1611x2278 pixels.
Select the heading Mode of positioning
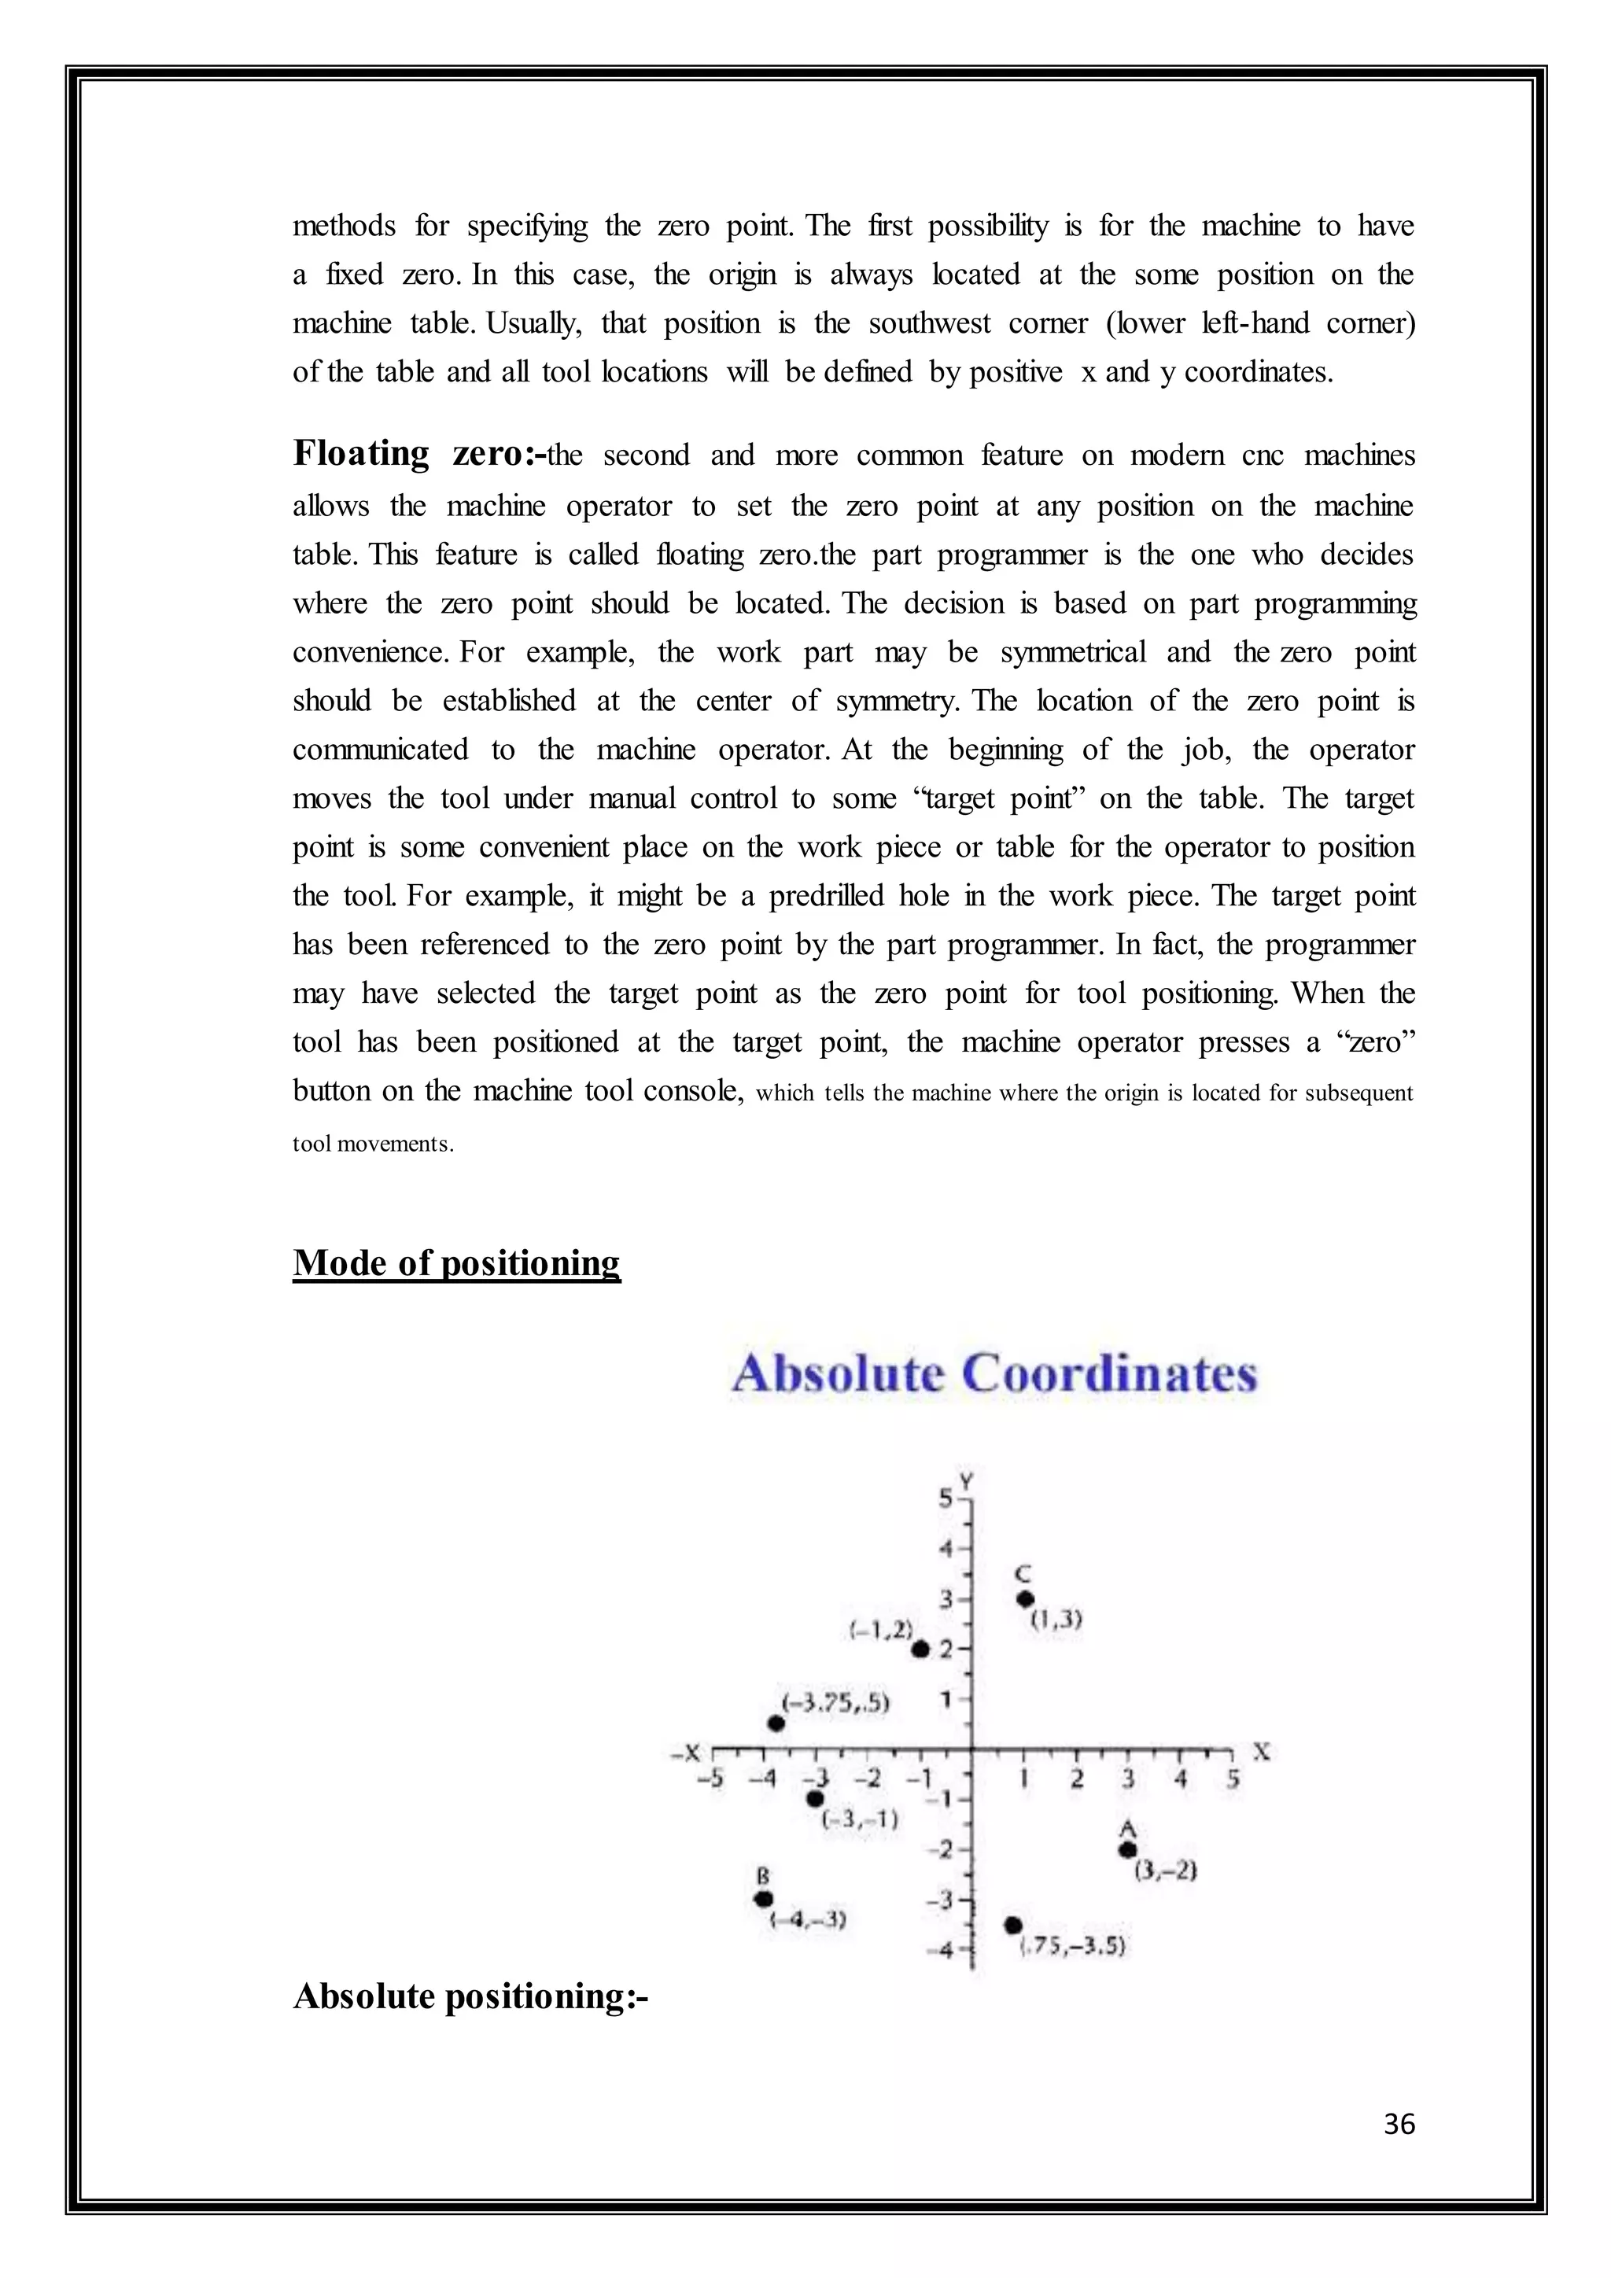[456, 1263]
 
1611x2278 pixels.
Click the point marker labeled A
[1127, 1849]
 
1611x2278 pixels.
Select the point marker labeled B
[763, 1898]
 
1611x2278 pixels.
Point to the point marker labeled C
[1026, 1598]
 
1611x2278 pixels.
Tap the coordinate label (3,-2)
[1166, 1871]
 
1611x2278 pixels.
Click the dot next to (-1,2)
[920, 1649]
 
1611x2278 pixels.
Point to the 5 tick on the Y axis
[947, 1498]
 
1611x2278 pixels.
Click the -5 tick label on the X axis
[710, 1779]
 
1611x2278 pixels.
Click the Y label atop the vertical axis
[968, 1481]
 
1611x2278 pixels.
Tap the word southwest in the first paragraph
[928, 323]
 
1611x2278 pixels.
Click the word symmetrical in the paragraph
[1072, 652]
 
